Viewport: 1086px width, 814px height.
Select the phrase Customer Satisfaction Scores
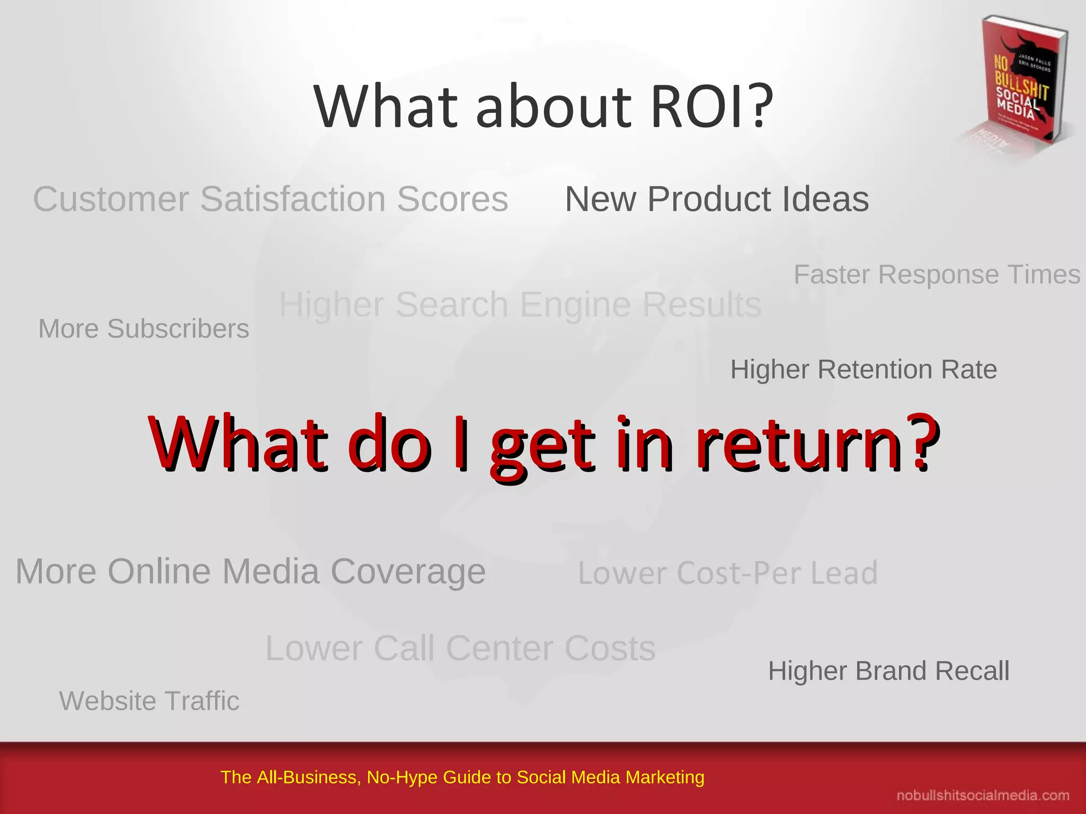pyautogui.click(x=270, y=199)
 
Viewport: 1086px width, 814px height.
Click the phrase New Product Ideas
pyautogui.click(x=717, y=199)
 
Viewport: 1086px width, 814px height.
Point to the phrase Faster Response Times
pyautogui.click(x=936, y=275)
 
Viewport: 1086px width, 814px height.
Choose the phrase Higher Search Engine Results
pyautogui.click(x=520, y=305)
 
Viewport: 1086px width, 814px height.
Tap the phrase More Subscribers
pyautogui.click(x=144, y=329)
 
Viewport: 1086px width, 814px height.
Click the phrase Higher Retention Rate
pyautogui.click(x=863, y=369)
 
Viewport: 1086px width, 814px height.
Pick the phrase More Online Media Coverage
pyautogui.click(x=250, y=571)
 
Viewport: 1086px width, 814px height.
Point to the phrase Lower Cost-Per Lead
pyautogui.click(x=728, y=573)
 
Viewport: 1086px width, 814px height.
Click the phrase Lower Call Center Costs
pyautogui.click(x=460, y=648)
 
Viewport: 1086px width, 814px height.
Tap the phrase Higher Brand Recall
pyautogui.click(x=889, y=671)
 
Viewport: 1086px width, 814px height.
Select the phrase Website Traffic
pyautogui.click(x=149, y=701)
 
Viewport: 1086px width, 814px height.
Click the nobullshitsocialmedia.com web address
pyautogui.click(x=982, y=795)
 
